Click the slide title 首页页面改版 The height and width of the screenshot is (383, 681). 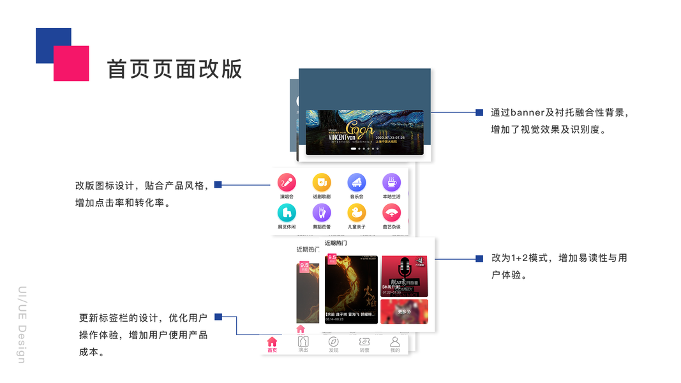click(174, 69)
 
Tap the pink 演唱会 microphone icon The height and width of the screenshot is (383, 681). click(287, 183)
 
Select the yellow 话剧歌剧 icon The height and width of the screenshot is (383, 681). click(322, 183)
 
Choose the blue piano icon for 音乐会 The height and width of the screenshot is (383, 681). click(357, 183)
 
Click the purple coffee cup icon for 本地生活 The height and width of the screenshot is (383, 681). click(391, 183)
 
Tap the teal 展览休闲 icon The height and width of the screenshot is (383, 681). click(287, 213)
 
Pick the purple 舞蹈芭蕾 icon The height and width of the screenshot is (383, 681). click(322, 213)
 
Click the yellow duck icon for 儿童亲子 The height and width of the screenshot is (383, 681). click(357, 213)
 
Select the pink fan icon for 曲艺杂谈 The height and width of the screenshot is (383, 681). click(391, 213)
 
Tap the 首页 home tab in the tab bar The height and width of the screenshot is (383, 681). click(273, 345)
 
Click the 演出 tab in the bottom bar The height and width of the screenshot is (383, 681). click(303, 344)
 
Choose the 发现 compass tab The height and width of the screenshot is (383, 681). click(333, 345)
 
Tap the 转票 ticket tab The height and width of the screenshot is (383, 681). click(364, 345)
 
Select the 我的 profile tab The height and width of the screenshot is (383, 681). click(395, 345)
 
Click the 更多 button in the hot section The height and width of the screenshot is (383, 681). click(405, 312)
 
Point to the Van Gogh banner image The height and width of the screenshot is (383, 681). click(364, 131)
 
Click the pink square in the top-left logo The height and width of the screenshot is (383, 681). click(71, 63)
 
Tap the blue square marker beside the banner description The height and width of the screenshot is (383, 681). click(479, 113)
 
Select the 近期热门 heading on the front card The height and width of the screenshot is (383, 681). click(336, 243)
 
